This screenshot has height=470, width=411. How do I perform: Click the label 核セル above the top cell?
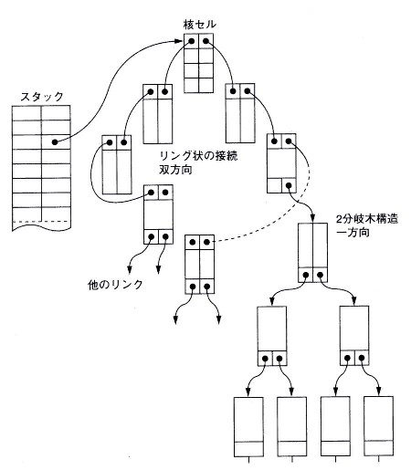tap(200, 25)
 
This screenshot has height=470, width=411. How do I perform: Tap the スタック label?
tap(42, 97)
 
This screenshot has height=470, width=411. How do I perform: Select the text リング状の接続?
tap(198, 156)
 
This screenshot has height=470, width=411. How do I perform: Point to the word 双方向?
tap(175, 170)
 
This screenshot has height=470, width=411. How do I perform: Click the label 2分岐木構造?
tap(367, 219)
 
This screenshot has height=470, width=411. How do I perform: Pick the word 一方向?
tap(353, 233)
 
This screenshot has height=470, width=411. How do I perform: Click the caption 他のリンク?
tap(115, 285)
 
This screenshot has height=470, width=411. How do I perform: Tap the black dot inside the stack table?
tap(55, 141)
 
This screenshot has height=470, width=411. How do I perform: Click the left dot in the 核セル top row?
tap(192, 41)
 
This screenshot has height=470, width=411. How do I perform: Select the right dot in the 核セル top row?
tap(205, 41)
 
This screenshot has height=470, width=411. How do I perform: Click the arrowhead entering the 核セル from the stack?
tap(181, 40)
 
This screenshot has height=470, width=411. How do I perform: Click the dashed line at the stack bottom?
tap(41, 221)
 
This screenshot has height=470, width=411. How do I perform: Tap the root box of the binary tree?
tap(312, 253)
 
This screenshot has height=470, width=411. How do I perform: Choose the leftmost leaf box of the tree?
tap(248, 426)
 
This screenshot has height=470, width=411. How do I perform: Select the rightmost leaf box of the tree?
tap(378, 426)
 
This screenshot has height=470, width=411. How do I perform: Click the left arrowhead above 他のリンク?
tap(130, 270)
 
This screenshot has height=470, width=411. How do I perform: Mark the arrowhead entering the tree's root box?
tap(312, 219)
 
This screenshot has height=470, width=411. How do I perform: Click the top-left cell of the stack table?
tap(26, 113)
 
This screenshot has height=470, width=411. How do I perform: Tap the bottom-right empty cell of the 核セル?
tap(205, 85)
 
